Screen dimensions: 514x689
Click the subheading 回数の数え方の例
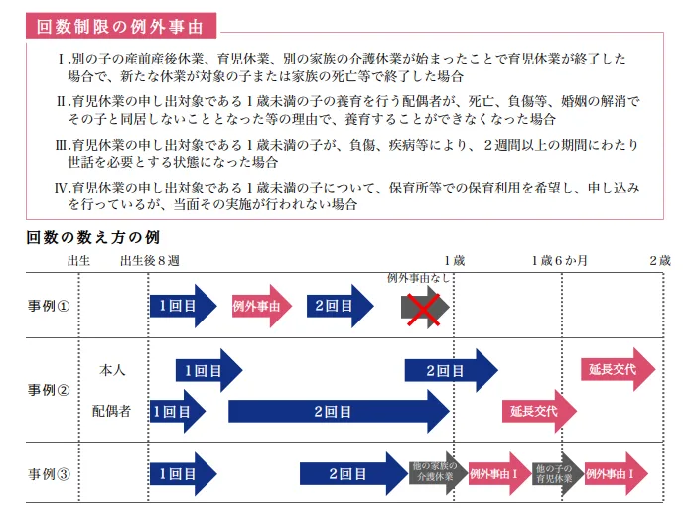(93, 238)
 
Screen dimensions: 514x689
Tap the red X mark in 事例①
(426, 307)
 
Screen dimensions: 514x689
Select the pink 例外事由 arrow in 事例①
(261, 307)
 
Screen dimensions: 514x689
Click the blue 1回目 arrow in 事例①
(182, 307)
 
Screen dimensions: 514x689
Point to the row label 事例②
(49, 390)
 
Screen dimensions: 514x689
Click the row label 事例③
(49, 473)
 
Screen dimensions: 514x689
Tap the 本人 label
(112, 370)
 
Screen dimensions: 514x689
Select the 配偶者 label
(112, 410)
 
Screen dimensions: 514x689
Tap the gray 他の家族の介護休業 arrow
(435, 473)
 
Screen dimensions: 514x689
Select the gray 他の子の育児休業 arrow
(555, 473)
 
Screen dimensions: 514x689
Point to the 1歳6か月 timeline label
(559, 260)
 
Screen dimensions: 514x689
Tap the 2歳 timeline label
(661, 260)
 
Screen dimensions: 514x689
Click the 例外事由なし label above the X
(418, 279)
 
